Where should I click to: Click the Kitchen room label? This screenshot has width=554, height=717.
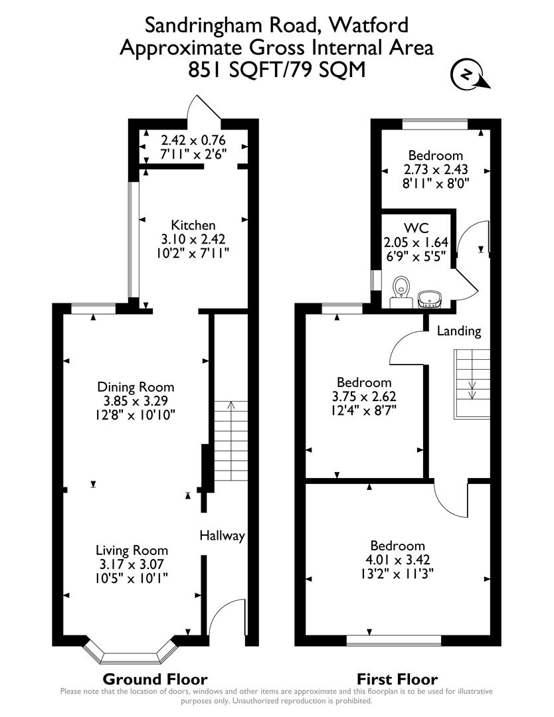tap(193, 225)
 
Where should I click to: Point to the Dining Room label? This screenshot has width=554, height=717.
tap(136, 387)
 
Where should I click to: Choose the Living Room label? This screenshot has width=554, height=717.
tap(132, 550)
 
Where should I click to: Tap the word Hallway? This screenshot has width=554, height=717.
tap(223, 536)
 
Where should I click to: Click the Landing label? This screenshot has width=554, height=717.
tap(458, 331)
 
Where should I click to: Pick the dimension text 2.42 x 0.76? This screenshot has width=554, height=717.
tap(193, 140)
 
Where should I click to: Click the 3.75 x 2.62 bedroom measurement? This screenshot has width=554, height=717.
tap(364, 396)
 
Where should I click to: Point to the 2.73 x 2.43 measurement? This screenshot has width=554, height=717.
tap(435, 171)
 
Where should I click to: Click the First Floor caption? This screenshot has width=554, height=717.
tap(397, 679)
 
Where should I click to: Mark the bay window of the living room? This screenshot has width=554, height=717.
tap(131, 654)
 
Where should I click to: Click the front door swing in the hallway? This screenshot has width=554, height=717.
tap(226, 621)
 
